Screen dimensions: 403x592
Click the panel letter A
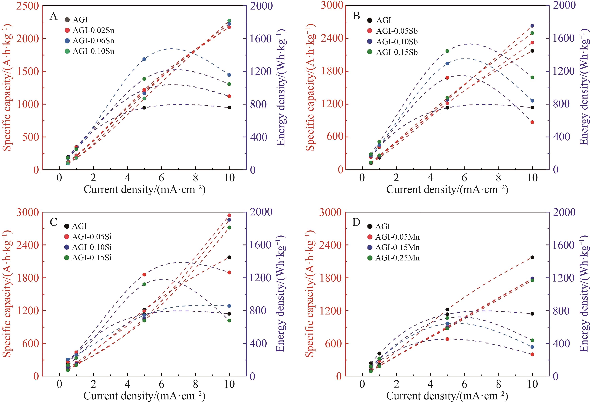pos(53,16)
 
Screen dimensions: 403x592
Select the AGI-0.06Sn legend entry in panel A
pos(93,41)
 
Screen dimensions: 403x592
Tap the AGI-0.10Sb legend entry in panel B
pos(397,41)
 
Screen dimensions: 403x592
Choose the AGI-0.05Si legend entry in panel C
pos(92,237)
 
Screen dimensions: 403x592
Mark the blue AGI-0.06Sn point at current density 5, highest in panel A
pos(144,59)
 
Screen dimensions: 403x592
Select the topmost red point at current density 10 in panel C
pos(229,215)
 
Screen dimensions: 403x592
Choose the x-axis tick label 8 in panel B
pos(498,178)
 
